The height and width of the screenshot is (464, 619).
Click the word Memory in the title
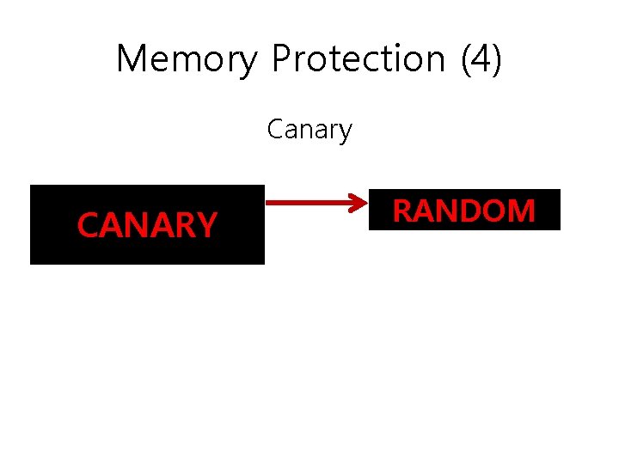(x=186, y=59)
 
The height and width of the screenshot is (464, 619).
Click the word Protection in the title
(x=358, y=59)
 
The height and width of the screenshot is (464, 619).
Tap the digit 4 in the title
(x=481, y=59)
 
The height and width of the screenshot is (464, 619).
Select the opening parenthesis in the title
(x=466, y=59)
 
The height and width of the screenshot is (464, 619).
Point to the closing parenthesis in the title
(x=496, y=59)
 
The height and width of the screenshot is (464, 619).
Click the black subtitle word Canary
(x=309, y=131)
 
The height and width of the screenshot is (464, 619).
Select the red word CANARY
(x=147, y=225)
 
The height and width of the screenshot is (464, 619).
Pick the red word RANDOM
(x=464, y=211)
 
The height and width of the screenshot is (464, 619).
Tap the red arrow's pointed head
(x=364, y=204)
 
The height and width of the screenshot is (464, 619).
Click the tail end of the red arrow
(x=268, y=204)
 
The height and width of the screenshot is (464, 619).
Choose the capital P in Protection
(x=281, y=59)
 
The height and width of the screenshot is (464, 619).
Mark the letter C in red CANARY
(x=87, y=225)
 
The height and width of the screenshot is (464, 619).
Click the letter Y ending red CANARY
(x=207, y=225)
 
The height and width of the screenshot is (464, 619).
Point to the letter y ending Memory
(x=248, y=63)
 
